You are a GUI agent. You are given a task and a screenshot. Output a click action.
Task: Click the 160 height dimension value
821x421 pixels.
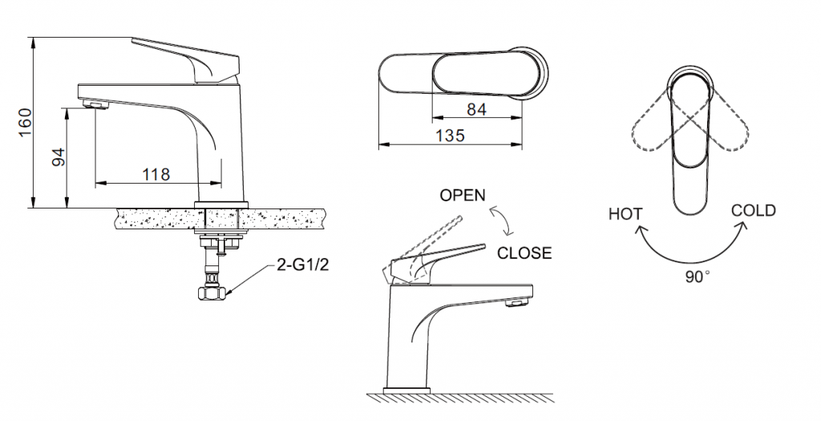(25, 123)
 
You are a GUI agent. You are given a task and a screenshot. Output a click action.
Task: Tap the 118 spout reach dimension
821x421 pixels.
(156, 174)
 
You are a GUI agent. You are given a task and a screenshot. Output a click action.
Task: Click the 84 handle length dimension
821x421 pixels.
(477, 109)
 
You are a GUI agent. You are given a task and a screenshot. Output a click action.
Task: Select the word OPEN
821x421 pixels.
(463, 196)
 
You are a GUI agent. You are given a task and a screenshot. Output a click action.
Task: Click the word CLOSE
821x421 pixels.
(524, 253)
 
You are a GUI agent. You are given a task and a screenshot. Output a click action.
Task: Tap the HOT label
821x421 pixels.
(625, 214)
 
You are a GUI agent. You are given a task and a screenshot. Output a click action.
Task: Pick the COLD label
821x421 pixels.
(753, 211)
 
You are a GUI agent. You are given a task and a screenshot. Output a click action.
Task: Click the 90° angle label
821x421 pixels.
(698, 277)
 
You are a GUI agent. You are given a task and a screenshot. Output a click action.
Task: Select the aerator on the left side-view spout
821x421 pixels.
(95, 103)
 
